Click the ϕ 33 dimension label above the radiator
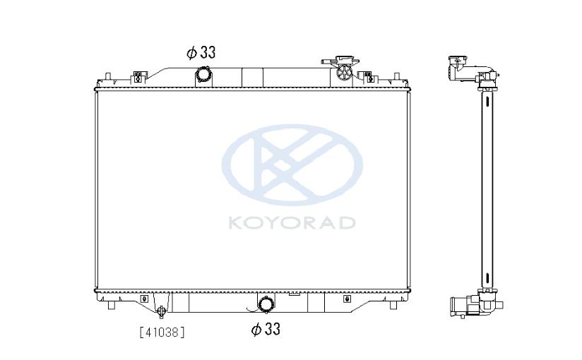point(201,53)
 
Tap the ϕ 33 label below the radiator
point(266,329)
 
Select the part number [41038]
point(162,332)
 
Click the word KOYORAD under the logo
point(292,222)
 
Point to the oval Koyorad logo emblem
point(292,164)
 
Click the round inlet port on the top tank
point(203,76)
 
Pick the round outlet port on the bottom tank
point(266,305)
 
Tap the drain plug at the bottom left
point(162,311)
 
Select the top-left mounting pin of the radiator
point(107,76)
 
